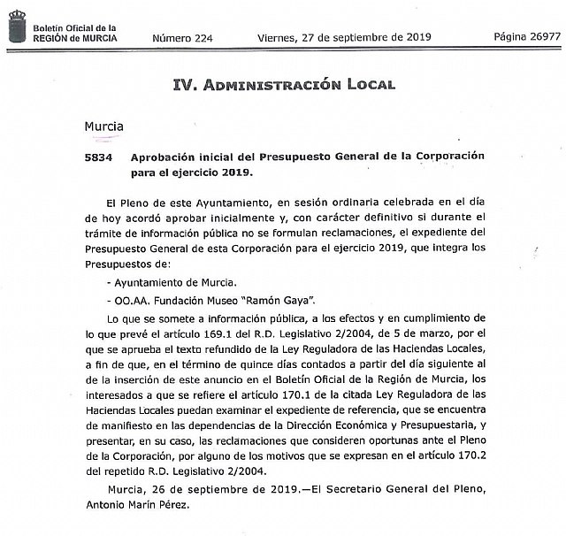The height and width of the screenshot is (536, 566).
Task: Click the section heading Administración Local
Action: [283, 85]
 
